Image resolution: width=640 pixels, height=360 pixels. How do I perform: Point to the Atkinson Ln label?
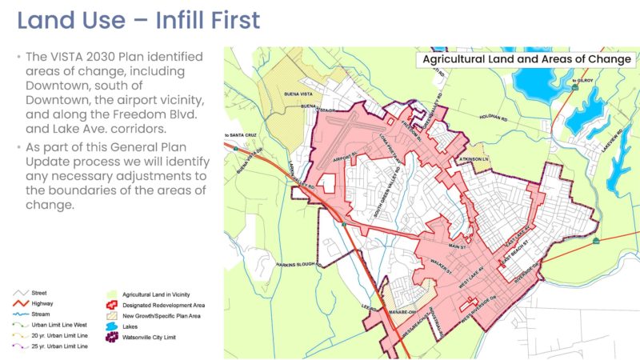[473, 158]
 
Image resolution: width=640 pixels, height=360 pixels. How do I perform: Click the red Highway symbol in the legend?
[26, 304]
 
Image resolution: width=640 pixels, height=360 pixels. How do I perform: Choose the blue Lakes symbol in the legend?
[112, 326]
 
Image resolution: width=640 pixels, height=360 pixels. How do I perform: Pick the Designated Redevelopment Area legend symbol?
[112, 306]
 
